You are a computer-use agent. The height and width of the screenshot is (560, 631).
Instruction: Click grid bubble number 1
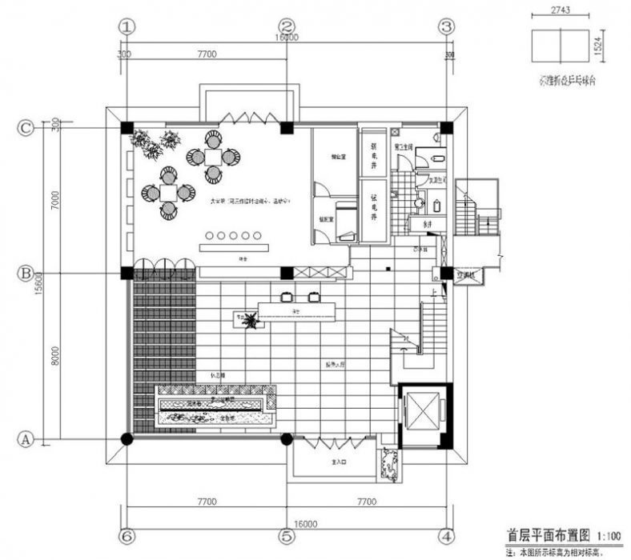(126, 26)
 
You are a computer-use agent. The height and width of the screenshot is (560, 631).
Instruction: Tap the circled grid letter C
(26, 127)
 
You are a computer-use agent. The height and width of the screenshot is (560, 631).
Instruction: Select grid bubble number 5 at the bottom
(287, 534)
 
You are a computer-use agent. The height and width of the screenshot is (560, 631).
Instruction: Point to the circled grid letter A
(26, 438)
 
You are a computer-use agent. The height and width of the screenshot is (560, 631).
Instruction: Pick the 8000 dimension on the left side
(54, 356)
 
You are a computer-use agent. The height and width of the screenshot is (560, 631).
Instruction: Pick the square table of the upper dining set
(212, 155)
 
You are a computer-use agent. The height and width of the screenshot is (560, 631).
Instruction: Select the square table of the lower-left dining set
(168, 192)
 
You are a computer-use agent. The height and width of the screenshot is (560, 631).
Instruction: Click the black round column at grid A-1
(127, 438)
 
